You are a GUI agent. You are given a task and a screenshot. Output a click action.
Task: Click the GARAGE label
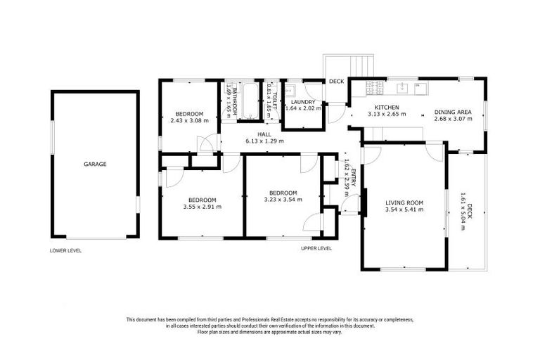95,164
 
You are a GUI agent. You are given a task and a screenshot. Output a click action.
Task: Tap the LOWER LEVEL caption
65,250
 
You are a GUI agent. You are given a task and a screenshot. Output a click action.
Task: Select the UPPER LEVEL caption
316,248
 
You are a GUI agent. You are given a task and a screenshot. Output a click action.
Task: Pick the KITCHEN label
386,107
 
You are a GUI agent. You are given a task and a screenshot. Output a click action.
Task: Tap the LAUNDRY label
302,102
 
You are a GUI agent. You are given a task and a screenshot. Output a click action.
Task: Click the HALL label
264,134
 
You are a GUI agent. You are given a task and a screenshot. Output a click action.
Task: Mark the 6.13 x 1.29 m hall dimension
264,141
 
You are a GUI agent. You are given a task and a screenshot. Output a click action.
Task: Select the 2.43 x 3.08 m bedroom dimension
190,121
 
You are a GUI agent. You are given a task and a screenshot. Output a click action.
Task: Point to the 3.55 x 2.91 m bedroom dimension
202,207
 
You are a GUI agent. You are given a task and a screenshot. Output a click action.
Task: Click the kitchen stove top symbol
374,88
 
